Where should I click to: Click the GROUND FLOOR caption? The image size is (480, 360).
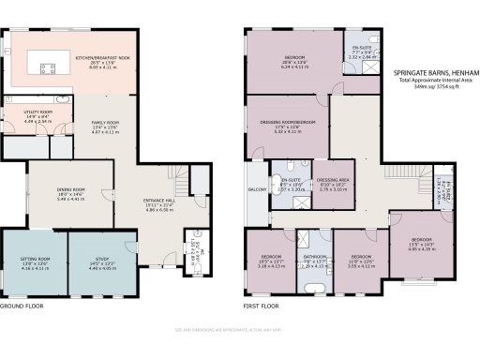tap(22, 307)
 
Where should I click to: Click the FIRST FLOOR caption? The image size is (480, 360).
tap(262, 307)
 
